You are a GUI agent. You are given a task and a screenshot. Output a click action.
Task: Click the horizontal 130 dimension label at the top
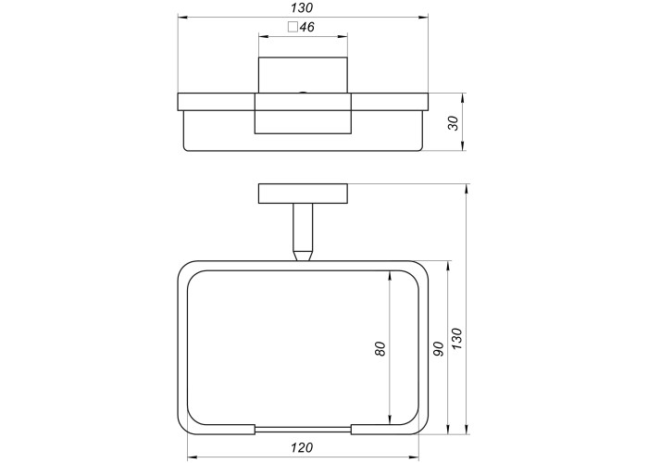[302, 7]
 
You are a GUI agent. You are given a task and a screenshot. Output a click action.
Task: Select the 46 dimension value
[307, 27]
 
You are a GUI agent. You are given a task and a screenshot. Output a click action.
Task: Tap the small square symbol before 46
[293, 27]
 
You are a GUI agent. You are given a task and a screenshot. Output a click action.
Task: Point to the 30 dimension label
[454, 123]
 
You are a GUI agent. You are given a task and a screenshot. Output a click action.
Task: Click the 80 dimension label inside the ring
[380, 348]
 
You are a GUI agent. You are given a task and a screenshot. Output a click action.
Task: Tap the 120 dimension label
[302, 447]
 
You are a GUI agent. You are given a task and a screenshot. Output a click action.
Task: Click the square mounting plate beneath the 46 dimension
[303, 75]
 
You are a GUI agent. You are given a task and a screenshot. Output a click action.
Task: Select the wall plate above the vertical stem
[303, 194]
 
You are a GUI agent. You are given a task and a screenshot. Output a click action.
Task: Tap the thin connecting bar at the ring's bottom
[303, 429]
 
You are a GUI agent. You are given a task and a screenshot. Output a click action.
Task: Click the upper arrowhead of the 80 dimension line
[390, 275]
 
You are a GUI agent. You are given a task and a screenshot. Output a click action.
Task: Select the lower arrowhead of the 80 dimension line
[390, 419]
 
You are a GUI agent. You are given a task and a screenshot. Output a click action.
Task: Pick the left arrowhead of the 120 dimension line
[193, 458]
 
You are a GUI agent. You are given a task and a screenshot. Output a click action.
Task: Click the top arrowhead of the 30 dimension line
[463, 98]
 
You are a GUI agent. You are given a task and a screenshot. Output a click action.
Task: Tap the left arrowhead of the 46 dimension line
[263, 37]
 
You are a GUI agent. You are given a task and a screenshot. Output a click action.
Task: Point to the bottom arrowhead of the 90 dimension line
[447, 430]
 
